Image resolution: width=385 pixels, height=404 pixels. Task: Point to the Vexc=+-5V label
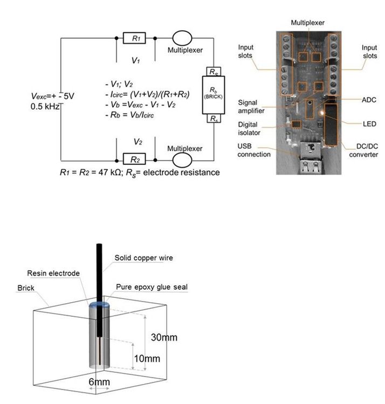click(53, 95)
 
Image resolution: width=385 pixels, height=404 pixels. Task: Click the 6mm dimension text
click(99, 382)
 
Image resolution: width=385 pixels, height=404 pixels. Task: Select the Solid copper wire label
click(143, 258)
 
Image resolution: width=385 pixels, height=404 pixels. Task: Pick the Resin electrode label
click(53, 274)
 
